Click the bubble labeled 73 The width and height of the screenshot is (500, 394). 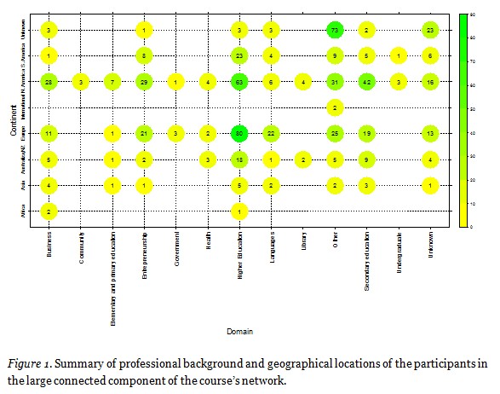coord(334,31)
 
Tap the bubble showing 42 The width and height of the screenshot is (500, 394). coord(365,82)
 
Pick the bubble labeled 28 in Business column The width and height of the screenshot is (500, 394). coord(50,82)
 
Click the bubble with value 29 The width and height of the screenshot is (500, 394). coord(145,82)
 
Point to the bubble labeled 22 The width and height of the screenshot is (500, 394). coord(271,134)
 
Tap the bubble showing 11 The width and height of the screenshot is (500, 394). coord(50,134)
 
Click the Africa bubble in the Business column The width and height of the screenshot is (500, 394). coord(50,211)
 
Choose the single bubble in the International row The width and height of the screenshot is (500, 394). coord(334,107)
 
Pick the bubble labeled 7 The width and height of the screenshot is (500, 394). coord(113,82)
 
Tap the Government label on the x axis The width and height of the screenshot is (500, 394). coord(176,252)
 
